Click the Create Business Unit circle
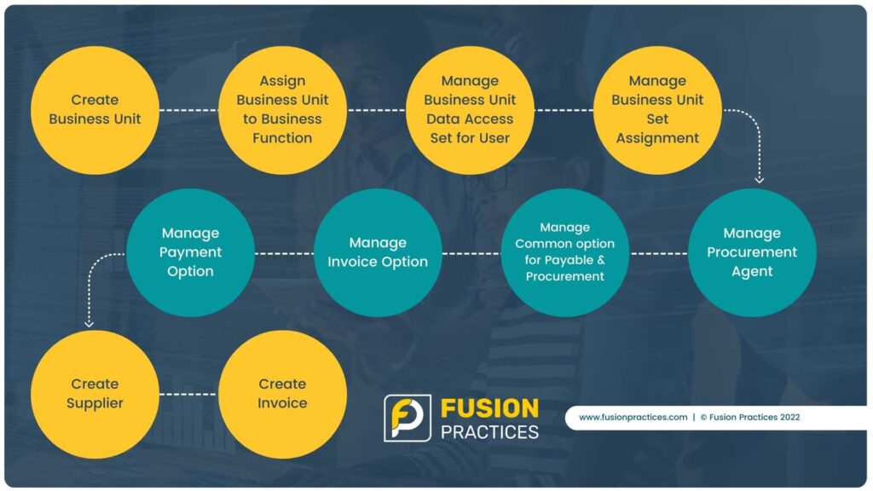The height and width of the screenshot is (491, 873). [95, 110]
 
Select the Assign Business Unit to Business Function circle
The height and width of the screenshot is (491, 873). [282, 110]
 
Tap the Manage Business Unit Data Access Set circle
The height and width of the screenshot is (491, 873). [470, 110]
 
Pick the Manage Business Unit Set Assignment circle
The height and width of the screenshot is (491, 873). [657, 110]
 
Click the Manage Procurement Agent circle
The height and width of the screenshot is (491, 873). [752, 252]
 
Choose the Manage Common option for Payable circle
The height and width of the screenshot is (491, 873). [565, 252]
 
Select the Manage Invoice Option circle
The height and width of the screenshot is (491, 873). [378, 252]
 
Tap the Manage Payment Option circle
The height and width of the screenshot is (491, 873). [190, 252]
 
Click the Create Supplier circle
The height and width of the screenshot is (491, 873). [95, 394]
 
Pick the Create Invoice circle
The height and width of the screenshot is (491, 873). [282, 394]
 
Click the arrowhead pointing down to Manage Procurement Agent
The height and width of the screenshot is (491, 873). [759, 180]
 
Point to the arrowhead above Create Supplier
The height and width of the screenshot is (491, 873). [89, 323]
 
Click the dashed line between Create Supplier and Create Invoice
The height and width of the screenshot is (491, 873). [188, 394]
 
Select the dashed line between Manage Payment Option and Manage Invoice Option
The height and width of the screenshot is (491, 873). [285, 254]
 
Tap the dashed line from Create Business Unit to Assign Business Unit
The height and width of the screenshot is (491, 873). [188, 110]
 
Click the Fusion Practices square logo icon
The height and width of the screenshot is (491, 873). [408, 418]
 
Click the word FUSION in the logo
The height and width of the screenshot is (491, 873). [490, 408]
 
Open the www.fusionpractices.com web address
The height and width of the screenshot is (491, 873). [633, 417]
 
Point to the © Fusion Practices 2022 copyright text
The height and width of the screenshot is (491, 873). [750, 417]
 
